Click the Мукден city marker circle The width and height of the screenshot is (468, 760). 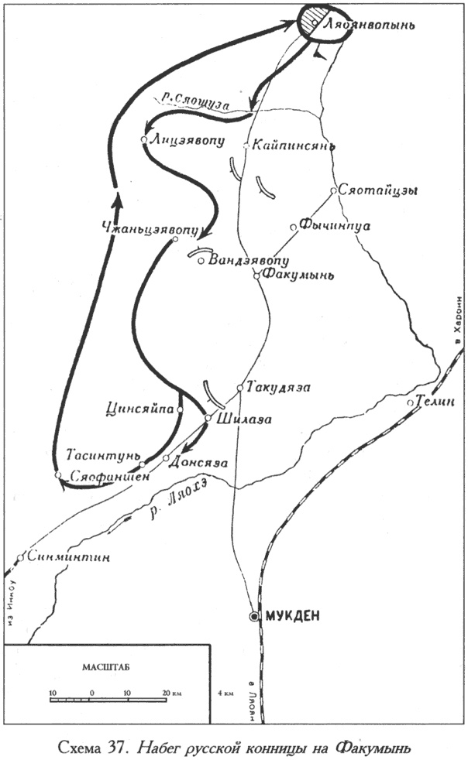coord(254,615)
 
